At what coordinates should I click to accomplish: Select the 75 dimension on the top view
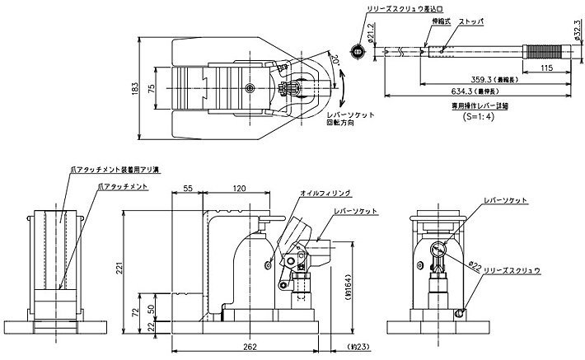pyautogui.click(x=154, y=89)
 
